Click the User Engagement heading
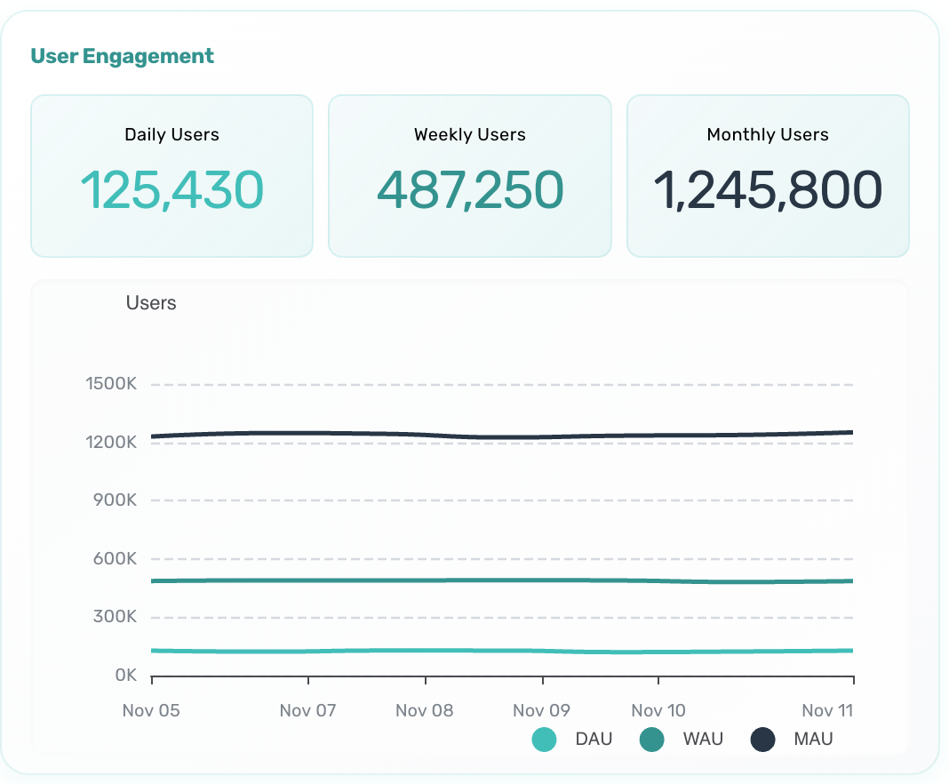point(122,57)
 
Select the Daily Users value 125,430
point(171,189)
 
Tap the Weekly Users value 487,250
point(470,189)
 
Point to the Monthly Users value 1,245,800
point(768,189)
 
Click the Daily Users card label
point(171,135)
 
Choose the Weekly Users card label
point(470,135)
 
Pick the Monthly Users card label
point(768,135)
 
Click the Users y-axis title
point(151,303)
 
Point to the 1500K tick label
point(111,385)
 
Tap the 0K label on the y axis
point(126,676)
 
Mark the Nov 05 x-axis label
point(150,710)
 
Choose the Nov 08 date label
point(424,710)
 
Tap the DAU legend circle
point(544,739)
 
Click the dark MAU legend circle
point(763,739)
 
